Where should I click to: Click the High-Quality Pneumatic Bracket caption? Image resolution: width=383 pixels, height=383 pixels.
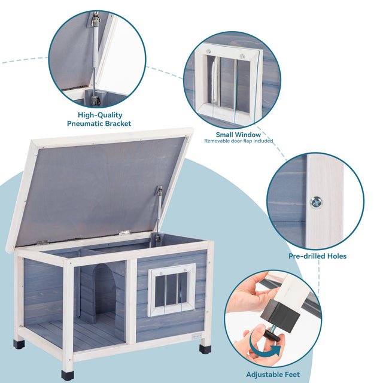pos(99,119)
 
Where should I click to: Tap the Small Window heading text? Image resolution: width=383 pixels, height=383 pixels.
pos(238,135)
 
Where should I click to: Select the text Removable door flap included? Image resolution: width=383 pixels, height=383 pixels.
pos(238,141)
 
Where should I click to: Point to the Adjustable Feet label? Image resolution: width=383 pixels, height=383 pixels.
pos(272,375)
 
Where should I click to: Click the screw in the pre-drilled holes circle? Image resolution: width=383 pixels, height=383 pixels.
pos(315,202)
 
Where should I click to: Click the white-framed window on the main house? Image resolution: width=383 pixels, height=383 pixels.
pos(172,290)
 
